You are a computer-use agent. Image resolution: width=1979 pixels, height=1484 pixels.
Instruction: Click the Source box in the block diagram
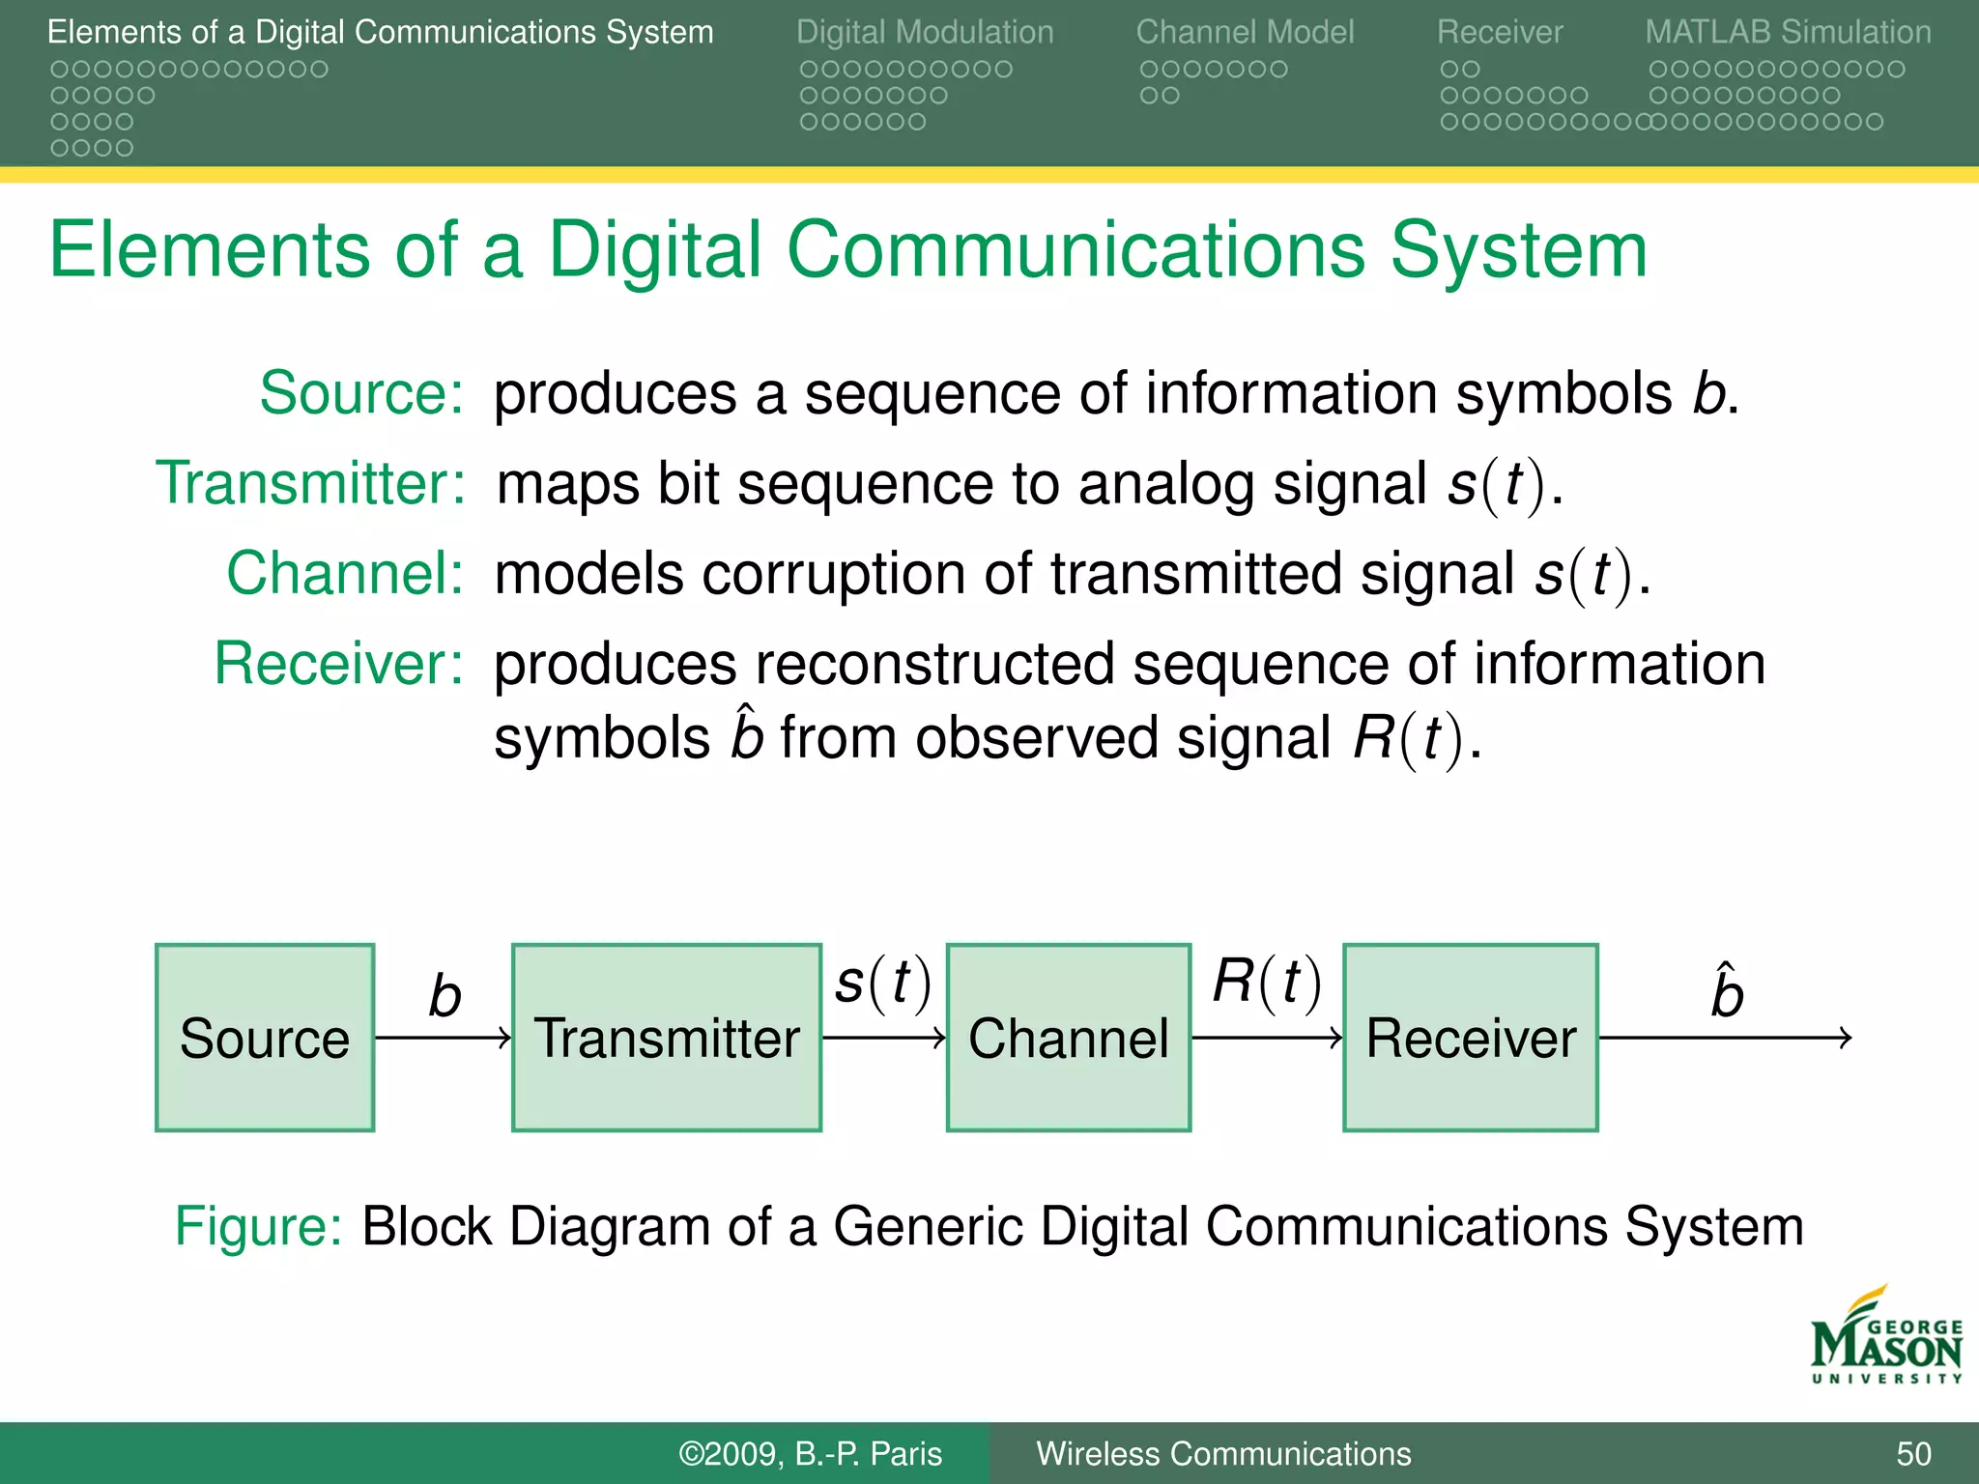265,1038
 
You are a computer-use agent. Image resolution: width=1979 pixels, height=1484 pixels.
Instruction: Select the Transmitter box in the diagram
667,1038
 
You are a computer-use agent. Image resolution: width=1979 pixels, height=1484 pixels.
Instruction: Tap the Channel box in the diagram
1068,1038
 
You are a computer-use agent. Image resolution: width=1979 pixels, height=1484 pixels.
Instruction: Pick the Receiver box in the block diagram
1470,1038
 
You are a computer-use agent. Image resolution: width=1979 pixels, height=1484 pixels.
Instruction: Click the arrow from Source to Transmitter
443,1039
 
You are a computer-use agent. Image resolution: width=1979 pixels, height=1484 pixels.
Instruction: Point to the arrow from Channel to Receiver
1267,1039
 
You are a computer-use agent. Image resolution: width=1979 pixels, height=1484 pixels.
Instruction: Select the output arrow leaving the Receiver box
1725,1039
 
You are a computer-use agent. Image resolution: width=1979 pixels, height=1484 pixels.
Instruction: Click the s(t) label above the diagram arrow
883,984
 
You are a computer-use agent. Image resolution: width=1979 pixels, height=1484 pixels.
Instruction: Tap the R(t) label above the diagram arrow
1267,984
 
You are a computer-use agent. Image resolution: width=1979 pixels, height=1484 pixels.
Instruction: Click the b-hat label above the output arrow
1727,992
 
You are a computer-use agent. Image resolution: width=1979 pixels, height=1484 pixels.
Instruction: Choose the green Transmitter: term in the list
311,483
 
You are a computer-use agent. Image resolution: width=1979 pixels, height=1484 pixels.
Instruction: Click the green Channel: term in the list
346,573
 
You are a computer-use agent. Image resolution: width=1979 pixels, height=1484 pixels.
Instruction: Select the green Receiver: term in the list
339,664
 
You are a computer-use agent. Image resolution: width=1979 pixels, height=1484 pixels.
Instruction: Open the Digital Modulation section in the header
925,32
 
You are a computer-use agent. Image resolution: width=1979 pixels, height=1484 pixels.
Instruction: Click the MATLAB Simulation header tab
1788,32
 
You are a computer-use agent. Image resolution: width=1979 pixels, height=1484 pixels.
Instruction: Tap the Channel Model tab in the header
1245,32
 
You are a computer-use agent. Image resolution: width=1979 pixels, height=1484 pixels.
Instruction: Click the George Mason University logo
1885,1337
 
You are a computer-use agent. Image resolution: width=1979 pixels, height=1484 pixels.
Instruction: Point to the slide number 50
1913,1454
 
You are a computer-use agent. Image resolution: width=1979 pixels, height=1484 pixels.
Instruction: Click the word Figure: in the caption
258,1227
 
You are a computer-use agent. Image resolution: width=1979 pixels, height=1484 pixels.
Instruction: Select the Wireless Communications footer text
1223,1454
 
